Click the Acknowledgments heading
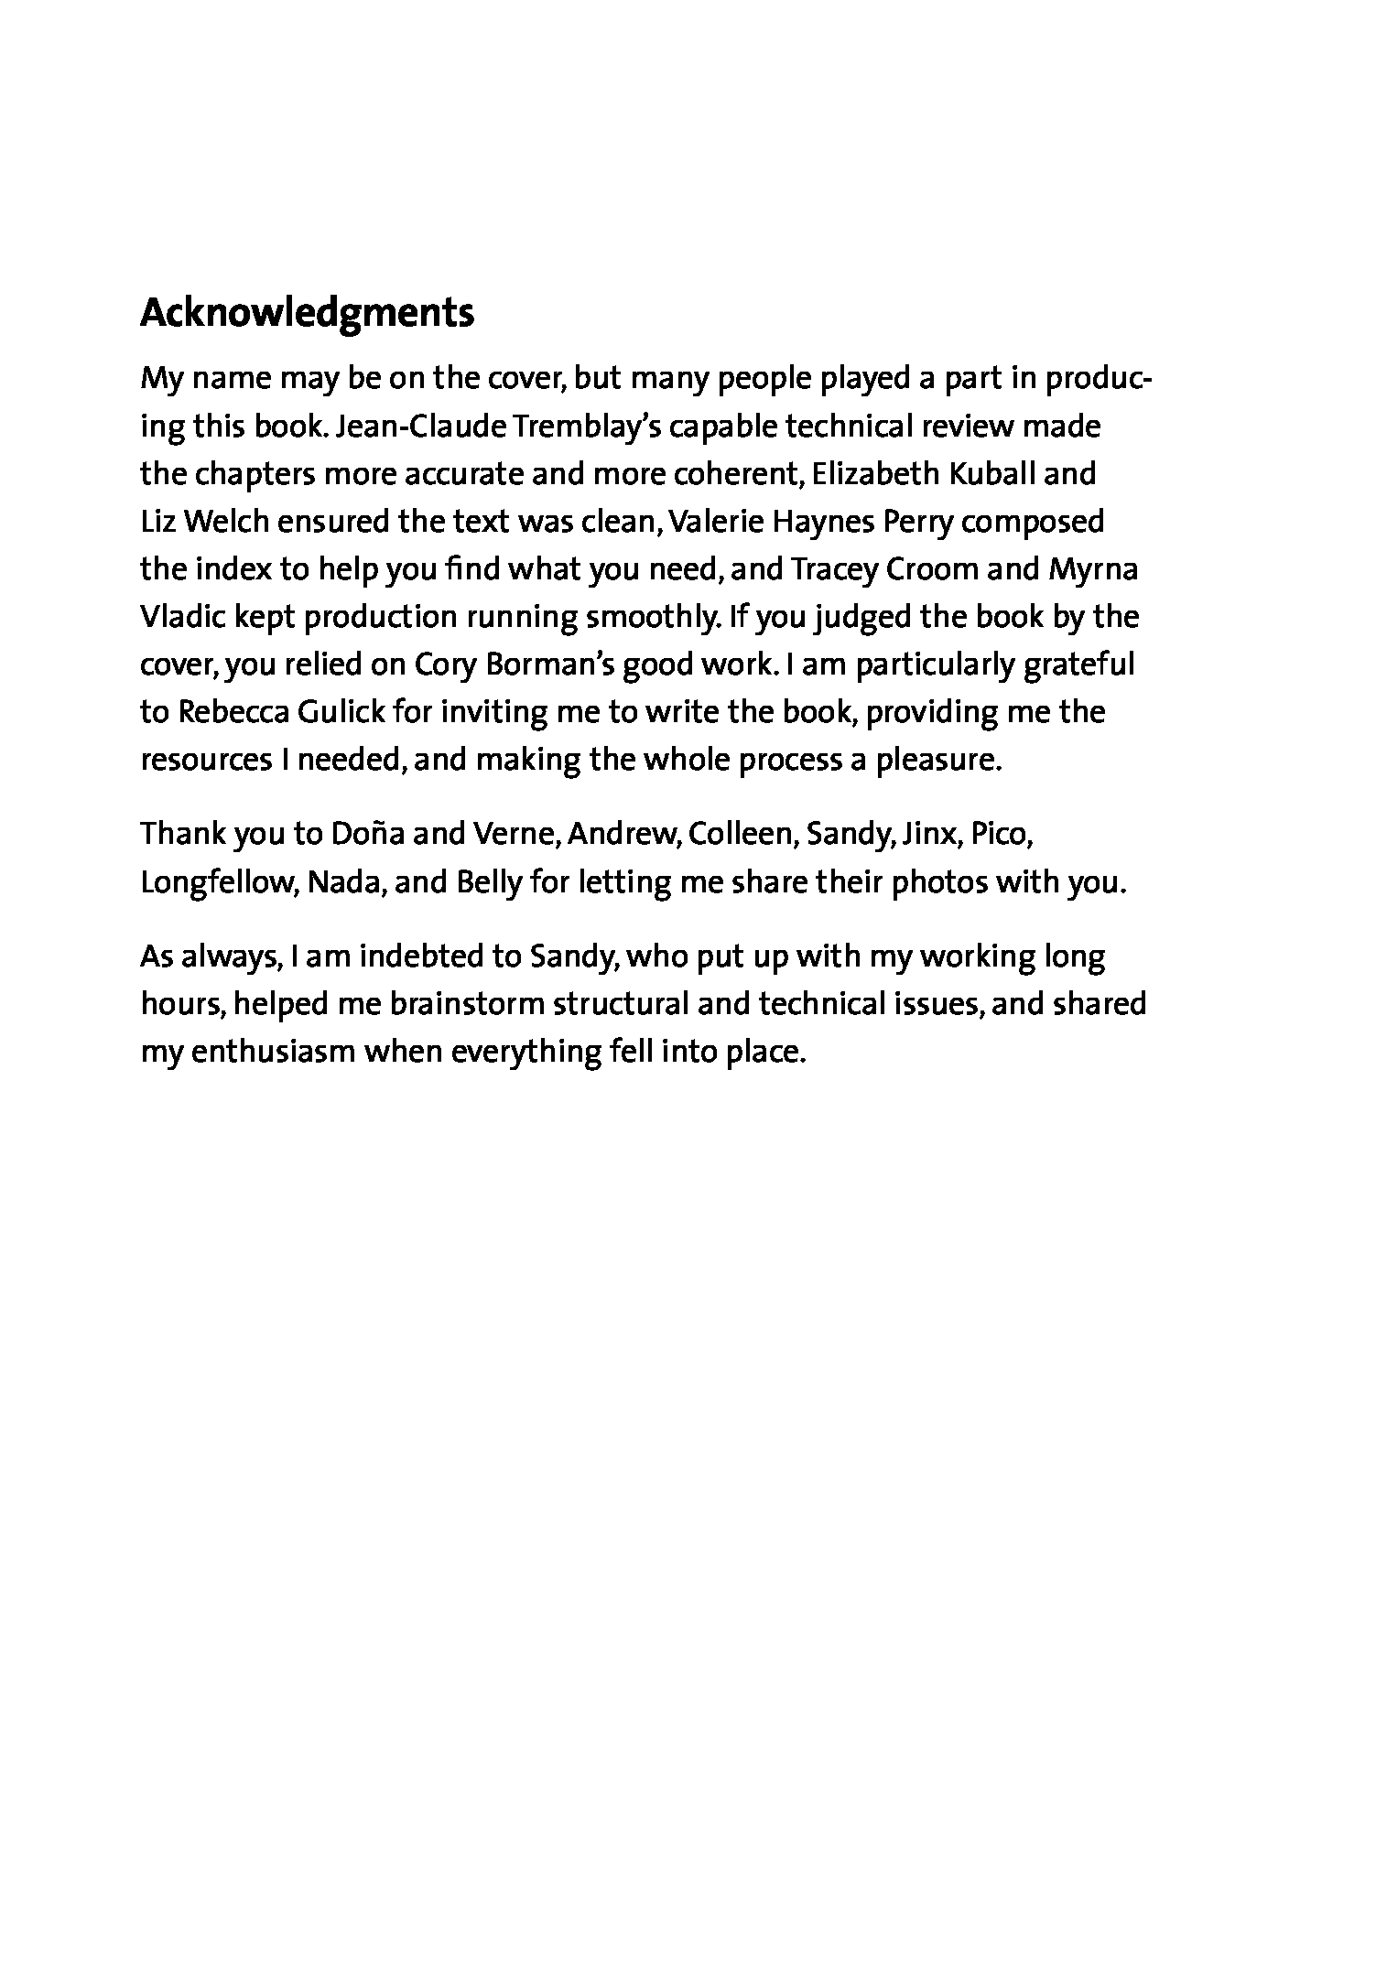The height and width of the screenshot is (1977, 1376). (x=307, y=313)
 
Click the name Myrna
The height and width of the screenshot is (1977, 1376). (x=1093, y=569)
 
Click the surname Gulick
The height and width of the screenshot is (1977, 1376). (x=341, y=712)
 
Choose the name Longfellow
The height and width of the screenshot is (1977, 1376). (x=217, y=882)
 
